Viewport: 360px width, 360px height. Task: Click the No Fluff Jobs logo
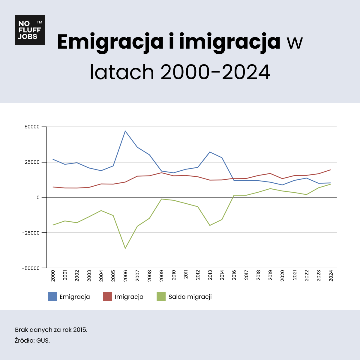click(x=30, y=30)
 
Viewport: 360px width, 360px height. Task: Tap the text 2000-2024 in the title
click(x=215, y=72)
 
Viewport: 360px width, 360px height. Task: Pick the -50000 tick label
click(x=31, y=268)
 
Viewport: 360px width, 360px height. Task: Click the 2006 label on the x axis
click(x=125, y=275)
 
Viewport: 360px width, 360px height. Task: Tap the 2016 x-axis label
click(x=234, y=275)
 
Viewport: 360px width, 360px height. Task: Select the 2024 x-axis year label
click(x=331, y=275)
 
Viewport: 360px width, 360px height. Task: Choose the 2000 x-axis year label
click(x=53, y=275)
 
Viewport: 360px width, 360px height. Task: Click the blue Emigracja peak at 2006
click(x=125, y=131)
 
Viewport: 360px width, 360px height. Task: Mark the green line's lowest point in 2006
click(x=125, y=248)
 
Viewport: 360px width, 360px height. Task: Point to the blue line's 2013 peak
click(x=210, y=152)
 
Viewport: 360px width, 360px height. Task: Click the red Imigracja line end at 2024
click(x=330, y=170)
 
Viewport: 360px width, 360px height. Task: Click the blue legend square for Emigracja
click(x=52, y=297)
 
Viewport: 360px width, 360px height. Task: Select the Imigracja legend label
click(x=129, y=297)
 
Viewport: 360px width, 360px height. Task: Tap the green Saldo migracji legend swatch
click(x=161, y=297)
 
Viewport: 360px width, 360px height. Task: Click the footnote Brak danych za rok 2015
click(x=51, y=330)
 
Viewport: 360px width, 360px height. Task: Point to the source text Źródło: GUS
click(x=32, y=340)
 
